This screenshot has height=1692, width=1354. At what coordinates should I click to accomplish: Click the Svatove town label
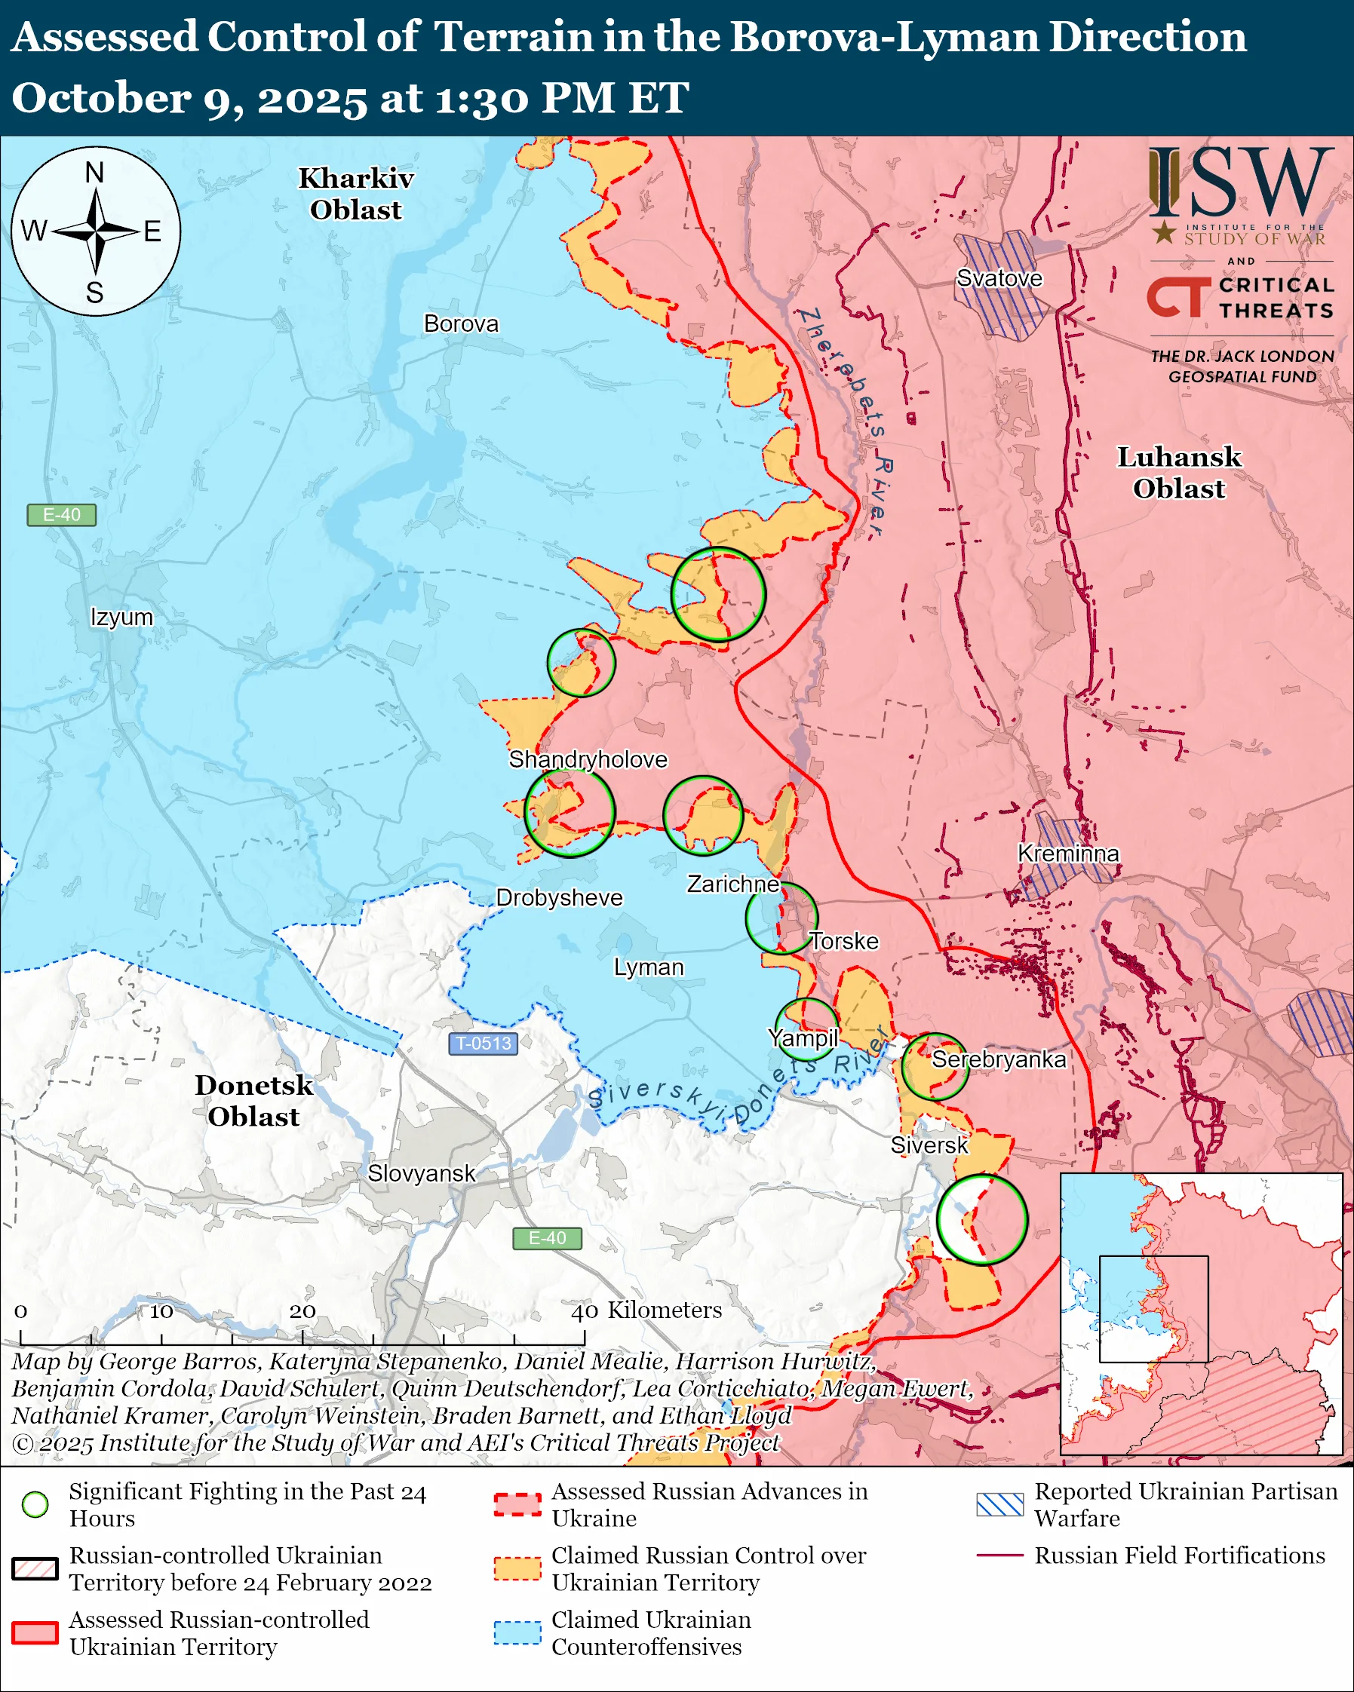point(999,278)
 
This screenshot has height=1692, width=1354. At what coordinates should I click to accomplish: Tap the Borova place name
point(461,324)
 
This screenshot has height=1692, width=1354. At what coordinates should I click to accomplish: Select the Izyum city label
point(121,617)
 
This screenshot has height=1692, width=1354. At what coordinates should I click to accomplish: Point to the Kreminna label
point(1067,854)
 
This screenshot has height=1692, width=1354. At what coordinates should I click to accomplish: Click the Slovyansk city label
point(422,1173)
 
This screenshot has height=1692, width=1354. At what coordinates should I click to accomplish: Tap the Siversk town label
point(929,1145)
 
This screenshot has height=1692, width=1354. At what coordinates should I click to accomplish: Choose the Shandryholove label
point(588,760)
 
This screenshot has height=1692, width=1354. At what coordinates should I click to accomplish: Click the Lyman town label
point(649,967)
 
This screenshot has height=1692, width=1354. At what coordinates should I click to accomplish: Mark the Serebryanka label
point(998,1059)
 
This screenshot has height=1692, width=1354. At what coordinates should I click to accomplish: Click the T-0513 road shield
point(484,1044)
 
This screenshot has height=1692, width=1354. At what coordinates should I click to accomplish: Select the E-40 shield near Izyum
point(61,515)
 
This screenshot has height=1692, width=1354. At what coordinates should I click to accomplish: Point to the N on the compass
point(95,173)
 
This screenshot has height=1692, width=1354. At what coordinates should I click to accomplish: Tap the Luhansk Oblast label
point(1178,473)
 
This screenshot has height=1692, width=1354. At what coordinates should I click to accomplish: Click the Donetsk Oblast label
point(253,1100)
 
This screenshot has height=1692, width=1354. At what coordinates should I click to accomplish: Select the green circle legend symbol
point(35,1504)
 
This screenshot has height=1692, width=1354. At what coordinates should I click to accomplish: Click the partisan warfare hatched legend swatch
point(999,1504)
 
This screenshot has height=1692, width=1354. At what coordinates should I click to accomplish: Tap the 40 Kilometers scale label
point(646,1310)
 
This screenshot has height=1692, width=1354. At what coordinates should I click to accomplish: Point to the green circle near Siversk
point(981,1218)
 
